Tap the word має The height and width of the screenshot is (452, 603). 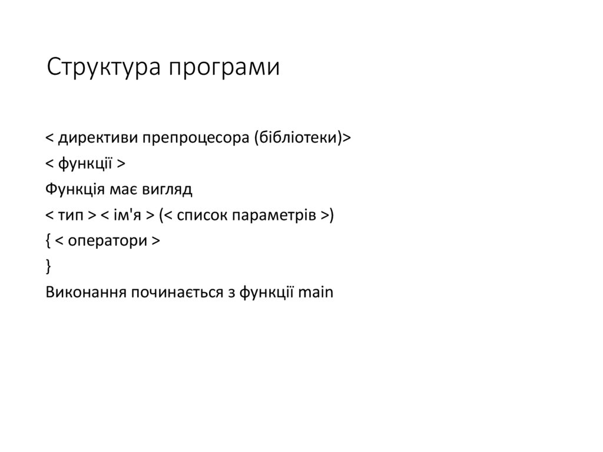coord(122,190)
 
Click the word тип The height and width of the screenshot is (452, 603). coord(72,216)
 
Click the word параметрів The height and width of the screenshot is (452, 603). coord(275,216)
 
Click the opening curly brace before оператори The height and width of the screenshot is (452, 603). coord(48,242)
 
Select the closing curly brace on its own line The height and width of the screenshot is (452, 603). coord(48,267)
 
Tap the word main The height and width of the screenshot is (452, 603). coord(316,293)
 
